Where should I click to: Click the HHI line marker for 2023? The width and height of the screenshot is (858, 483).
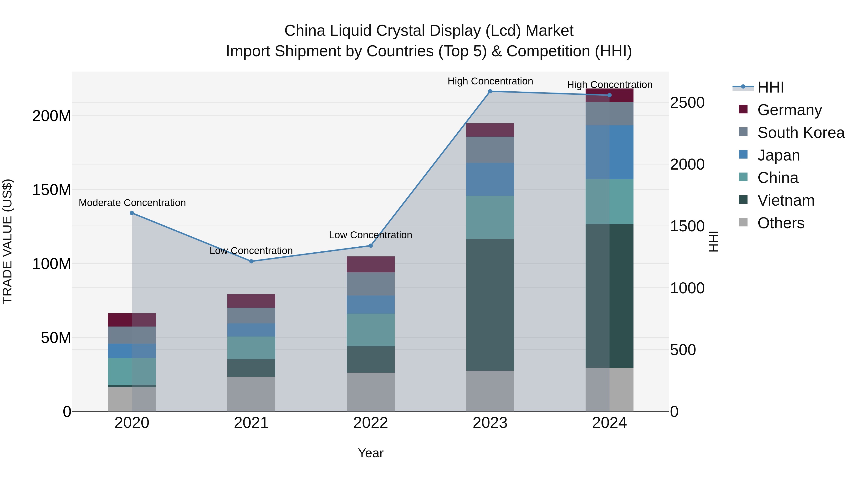[x=490, y=91]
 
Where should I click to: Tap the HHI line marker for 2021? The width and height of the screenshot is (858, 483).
[x=251, y=261]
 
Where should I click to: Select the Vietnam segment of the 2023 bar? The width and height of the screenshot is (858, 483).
[x=490, y=304]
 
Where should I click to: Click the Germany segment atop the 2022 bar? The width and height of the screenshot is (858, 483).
[x=370, y=264]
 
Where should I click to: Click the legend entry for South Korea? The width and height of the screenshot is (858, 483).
[x=801, y=133]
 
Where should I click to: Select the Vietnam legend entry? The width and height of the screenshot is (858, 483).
[x=786, y=200]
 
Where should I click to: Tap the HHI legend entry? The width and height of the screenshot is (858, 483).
[x=770, y=87]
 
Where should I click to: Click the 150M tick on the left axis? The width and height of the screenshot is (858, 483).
[x=52, y=190]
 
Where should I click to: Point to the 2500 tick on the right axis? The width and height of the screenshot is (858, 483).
[x=687, y=103]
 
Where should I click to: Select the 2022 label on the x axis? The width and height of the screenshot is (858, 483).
[x=370, y=423]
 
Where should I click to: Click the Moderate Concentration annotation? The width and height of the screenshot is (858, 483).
[x=132, y=203]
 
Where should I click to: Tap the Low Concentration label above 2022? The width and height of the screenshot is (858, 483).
[x=370, y=235]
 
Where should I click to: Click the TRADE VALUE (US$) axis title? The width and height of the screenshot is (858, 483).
[x=7, y=241]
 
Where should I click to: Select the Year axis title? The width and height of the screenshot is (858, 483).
[x=370, y=453]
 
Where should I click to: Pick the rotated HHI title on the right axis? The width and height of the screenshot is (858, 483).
[x=713, y=241]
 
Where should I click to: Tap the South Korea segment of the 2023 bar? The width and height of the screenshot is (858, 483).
[x=490, y=150]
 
